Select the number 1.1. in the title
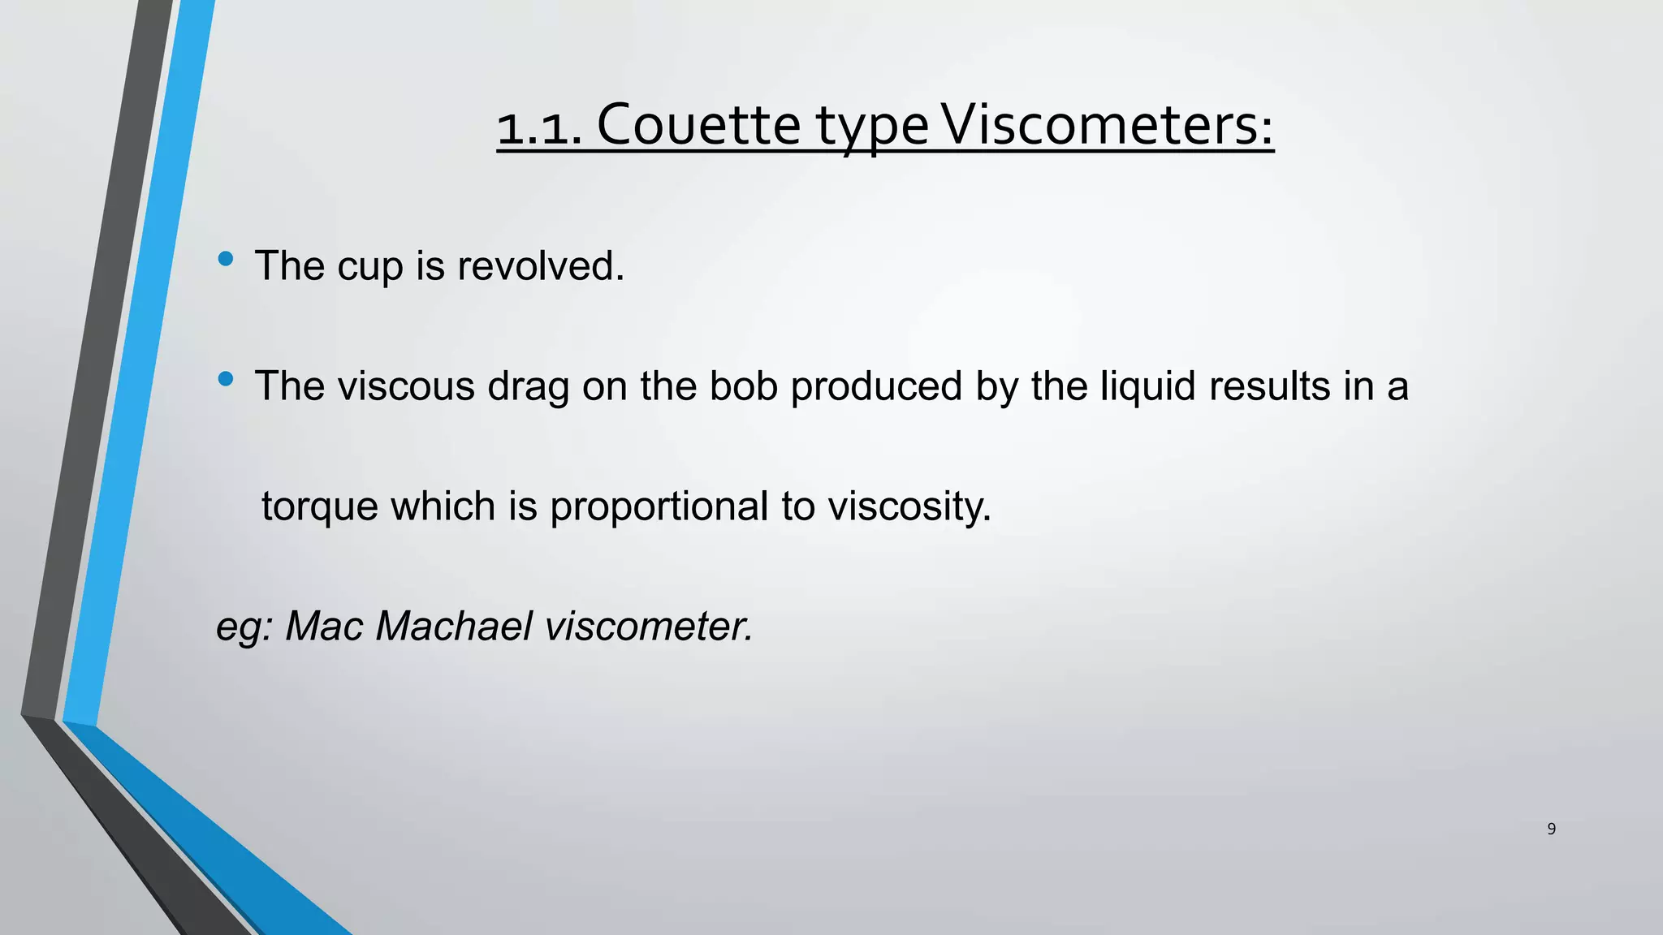point(539,128)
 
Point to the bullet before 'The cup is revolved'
point(226,259)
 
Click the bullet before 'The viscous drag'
point(226,379)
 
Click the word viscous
point(406,386)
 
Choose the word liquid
point(1147,387)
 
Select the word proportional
point(659,508)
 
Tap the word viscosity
point(909,508)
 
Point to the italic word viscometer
point(649,627)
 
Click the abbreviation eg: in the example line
point(244,628)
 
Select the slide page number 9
point(1551,829)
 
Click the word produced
point(876,387)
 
